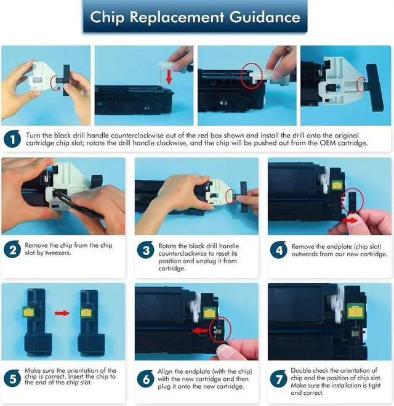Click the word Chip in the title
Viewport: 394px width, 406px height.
107,18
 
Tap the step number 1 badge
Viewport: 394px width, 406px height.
12,139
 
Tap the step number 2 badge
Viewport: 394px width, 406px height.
12,250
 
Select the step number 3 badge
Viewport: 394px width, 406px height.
146,250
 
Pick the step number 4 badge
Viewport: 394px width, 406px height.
279,250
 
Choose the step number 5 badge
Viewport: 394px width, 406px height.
12,378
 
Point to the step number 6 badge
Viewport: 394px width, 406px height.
146,379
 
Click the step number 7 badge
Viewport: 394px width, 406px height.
279,379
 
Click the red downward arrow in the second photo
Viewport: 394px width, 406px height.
169,76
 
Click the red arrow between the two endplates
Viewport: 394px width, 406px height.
62,314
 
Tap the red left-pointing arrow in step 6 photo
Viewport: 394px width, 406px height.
201,331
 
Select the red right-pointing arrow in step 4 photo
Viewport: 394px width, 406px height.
350,221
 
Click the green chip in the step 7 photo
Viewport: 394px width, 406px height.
356,312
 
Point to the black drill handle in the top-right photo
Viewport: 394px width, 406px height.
374,87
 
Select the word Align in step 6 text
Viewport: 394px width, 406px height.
165,372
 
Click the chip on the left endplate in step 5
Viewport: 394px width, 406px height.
28,312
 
